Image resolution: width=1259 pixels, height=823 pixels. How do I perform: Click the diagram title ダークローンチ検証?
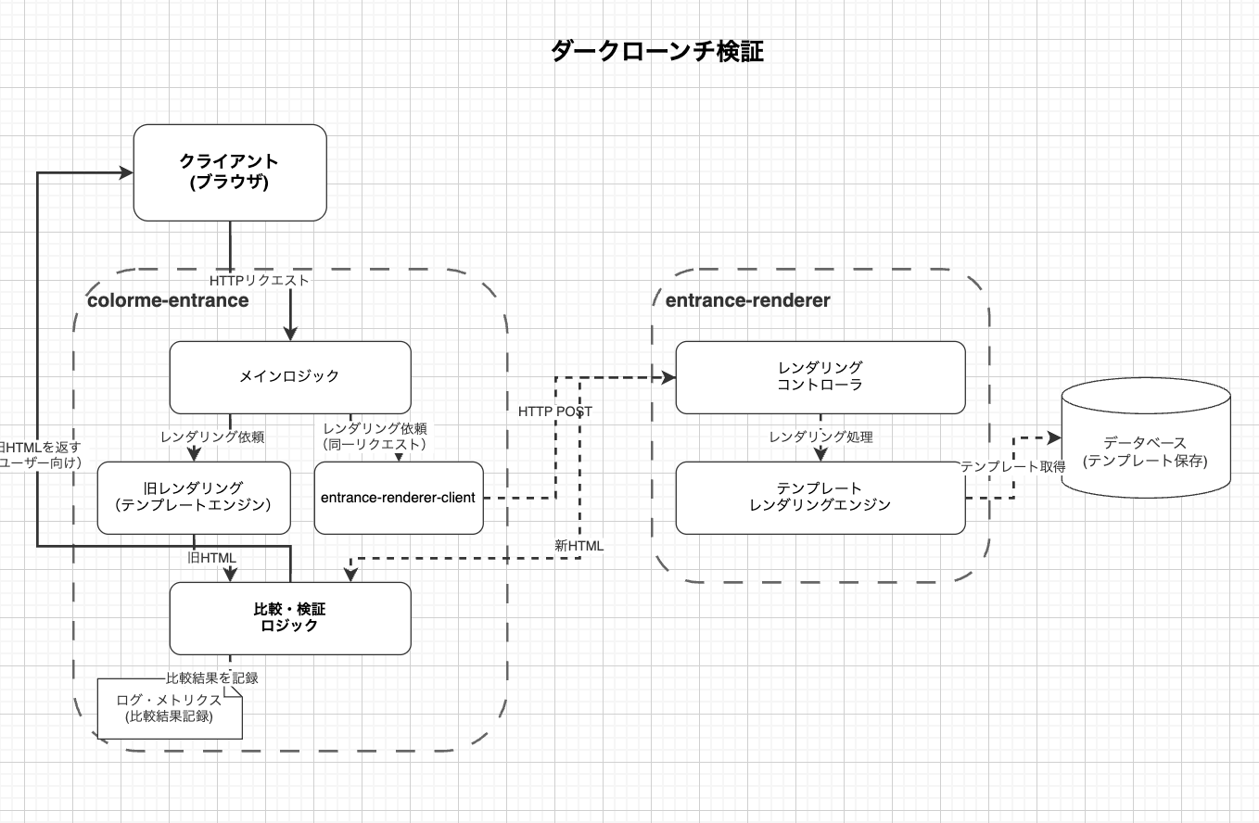coord(656,51)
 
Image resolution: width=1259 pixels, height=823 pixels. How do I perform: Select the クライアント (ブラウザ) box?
coord(230,172)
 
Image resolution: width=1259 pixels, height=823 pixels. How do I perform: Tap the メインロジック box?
coord(289,376)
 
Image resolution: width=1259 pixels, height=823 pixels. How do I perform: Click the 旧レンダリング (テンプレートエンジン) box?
coord(193,497)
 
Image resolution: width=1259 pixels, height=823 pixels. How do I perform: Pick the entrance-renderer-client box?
coord(398,498)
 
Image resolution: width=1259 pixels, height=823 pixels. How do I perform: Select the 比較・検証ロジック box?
coord(289,617)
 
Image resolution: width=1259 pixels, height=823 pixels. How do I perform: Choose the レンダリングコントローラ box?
coord(820,376)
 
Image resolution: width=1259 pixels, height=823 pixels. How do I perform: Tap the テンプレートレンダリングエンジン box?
coord(820,497)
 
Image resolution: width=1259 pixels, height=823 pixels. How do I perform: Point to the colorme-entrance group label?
coord(168,300)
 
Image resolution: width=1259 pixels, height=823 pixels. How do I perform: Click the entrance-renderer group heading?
coord(747,300)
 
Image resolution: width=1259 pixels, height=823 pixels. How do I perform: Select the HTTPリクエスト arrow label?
coord(259,279)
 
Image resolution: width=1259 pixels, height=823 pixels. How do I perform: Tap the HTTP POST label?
coord(555,411)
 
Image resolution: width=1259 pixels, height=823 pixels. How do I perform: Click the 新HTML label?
coord(579,546)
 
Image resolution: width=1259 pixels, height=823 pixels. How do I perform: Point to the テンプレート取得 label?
coord(1012,466)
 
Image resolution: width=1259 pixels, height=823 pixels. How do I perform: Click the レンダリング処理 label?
coord(820,437)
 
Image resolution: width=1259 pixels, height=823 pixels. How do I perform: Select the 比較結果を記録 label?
coord(211,677)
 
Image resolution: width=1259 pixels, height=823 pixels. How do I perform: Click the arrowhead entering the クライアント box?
coord(125,172)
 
